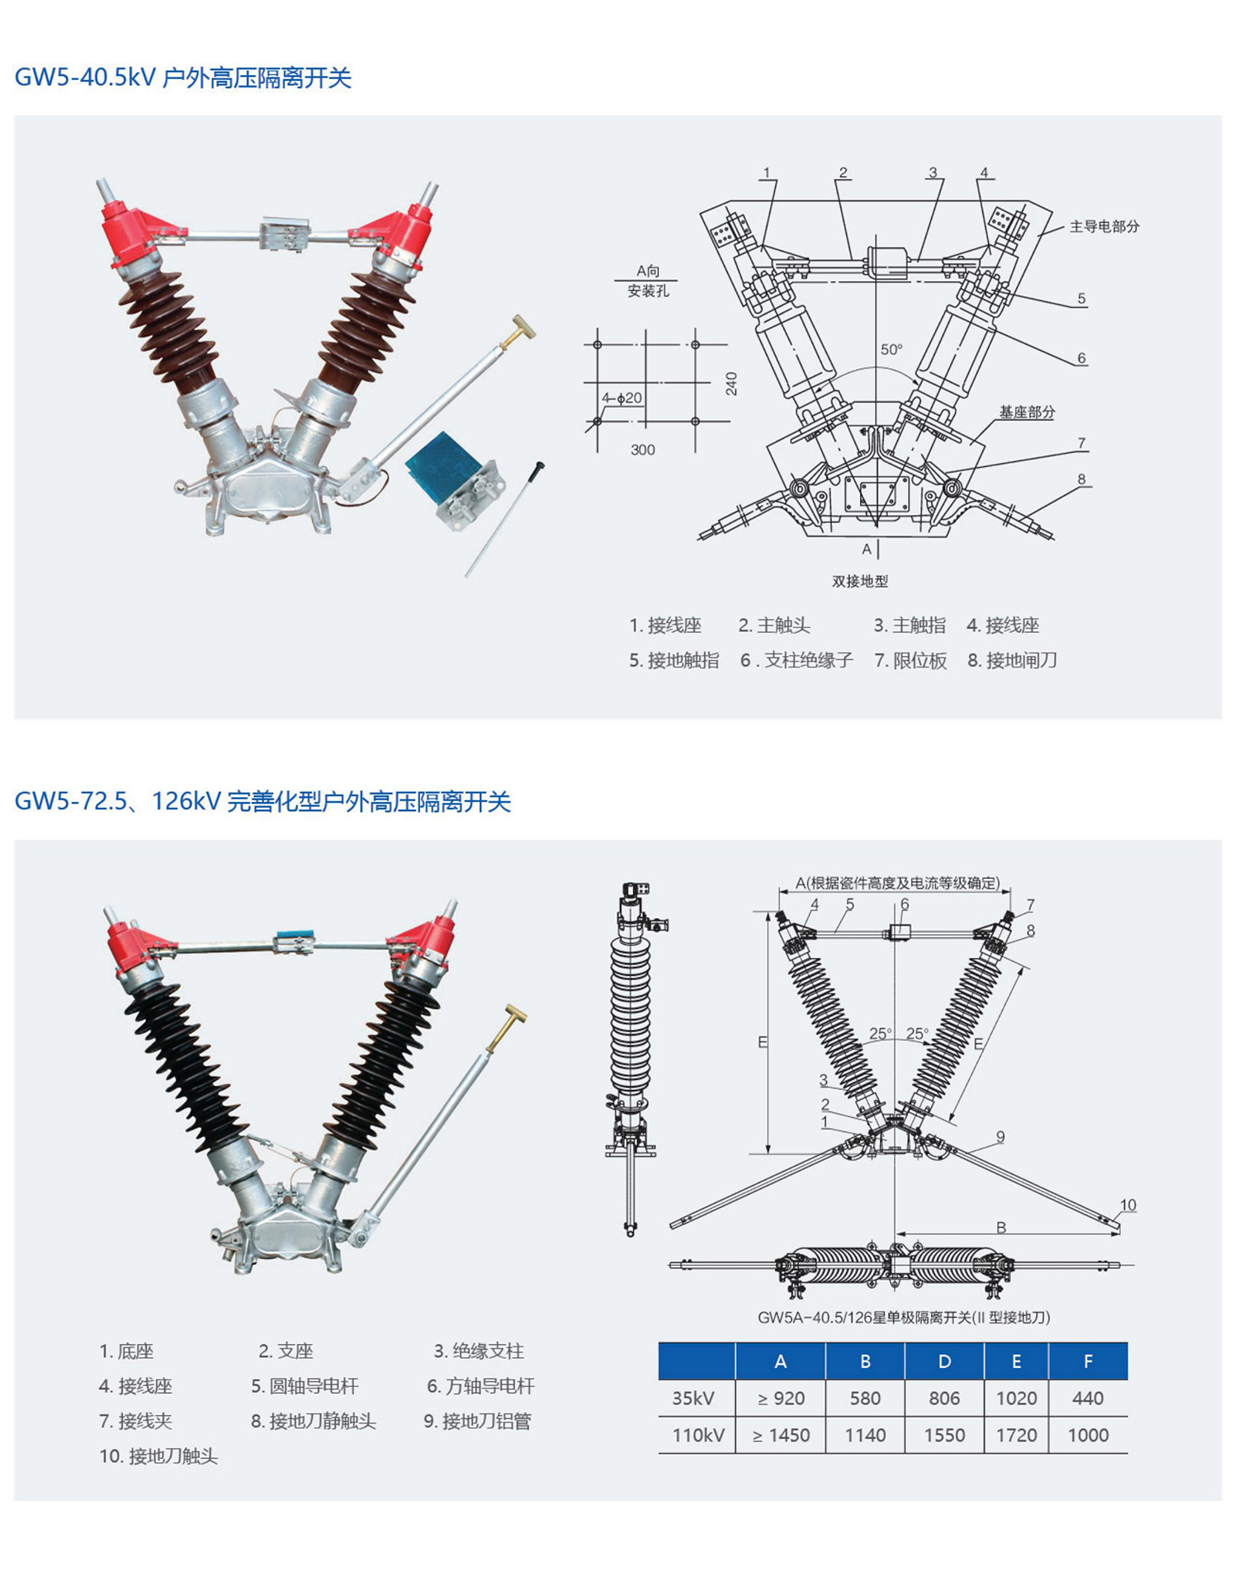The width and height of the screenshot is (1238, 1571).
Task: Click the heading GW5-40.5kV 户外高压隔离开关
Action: pyautogui.click(x=183, y=78)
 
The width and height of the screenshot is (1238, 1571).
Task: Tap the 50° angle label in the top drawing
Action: pyautogui.click(x=891, y=350)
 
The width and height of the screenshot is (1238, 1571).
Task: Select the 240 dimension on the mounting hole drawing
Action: pyautogui.click(x=731, y=384)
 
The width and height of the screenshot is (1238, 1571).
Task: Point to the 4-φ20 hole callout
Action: pyautogui.click(x=621, y=398)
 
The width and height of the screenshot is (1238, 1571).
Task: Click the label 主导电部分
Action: pyautogui.click(x=1104, y=226)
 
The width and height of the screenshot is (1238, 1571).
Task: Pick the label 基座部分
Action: pyautogui.click(x=1027, y=412)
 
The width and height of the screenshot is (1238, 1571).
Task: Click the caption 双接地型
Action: pyautogui.click(x=860, y=582)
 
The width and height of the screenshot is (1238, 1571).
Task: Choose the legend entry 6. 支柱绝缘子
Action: pyautogui.click(x=796, y=660)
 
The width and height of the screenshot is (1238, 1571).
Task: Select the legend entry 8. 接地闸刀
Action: pyautogui.click(x=1012, y=660)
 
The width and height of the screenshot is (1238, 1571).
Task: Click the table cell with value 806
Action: pyautogui.click(x=944, y=1399)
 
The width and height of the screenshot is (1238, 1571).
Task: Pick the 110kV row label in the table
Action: pyautogui.click(x=697, y=1436)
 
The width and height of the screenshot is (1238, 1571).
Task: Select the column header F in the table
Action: pyautogui.click(x=1088, y=1362)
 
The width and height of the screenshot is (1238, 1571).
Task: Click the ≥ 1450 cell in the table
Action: pyautogui.click(x=781, y=1436)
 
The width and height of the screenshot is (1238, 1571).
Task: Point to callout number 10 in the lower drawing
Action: pyautogui.click(x=1127, y=1205)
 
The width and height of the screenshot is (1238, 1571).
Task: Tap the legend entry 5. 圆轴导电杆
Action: pyautogui.click(x=305, y=1386)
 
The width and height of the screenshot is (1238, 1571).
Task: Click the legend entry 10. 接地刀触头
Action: pyautogui.click(x=158, y=1456)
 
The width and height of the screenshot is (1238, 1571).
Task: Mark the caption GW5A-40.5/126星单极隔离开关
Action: pyautogui.click(x=904, y=1318)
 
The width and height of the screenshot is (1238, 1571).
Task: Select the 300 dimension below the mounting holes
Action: pyautogui.click(x=643, y=450)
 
